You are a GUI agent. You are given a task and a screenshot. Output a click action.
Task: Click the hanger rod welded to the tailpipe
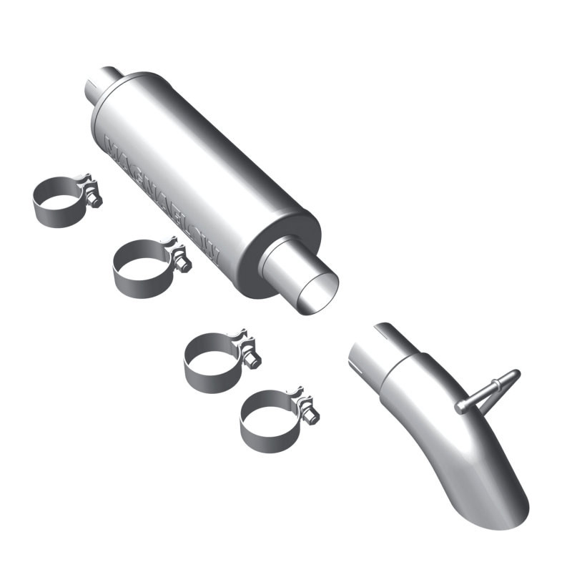pos(486,392)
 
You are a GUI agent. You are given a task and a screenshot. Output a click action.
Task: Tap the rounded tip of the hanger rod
pos(514,374)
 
